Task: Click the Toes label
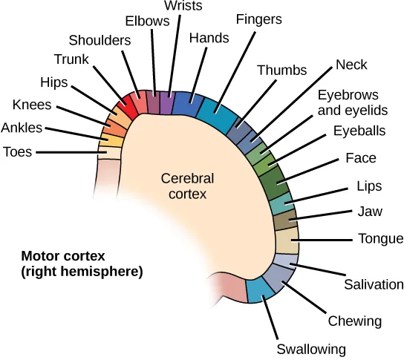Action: click(x=18, y=152)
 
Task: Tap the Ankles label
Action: click(x=22, y=128)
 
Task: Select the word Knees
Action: click(x=33, y=104)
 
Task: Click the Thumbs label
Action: click(x=281, y=71)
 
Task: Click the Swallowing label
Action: click(x=311, y=348)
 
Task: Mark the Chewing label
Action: click(x=354, y=321)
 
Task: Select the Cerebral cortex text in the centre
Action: click(x=187, y=186)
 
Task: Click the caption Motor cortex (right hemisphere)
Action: click(x=82, y=264)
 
